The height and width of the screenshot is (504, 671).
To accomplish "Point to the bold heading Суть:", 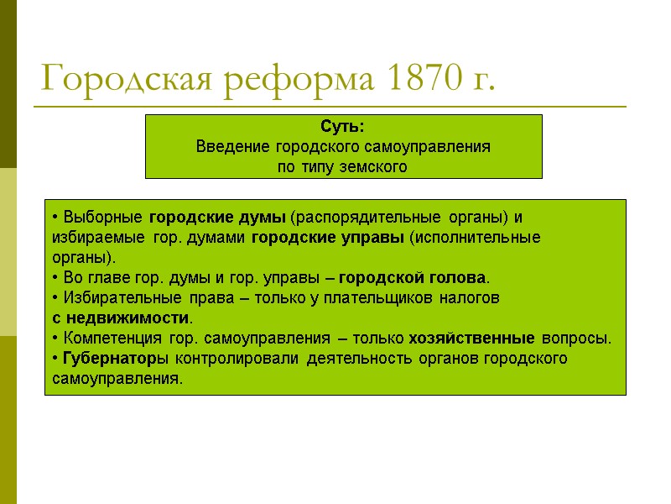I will (x=342, y=128).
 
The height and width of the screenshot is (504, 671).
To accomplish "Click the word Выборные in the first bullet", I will (x=91, y=217).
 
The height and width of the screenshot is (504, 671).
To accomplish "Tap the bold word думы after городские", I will (x=265, y=217).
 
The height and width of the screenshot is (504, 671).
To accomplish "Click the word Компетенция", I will (x=103, y=339).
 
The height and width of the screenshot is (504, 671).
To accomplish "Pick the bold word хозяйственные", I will (x=471, y=339).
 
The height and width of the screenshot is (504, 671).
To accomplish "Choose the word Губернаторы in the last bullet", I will (x=108, y=359).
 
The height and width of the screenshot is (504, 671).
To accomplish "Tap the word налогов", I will (x=470, y=298).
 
